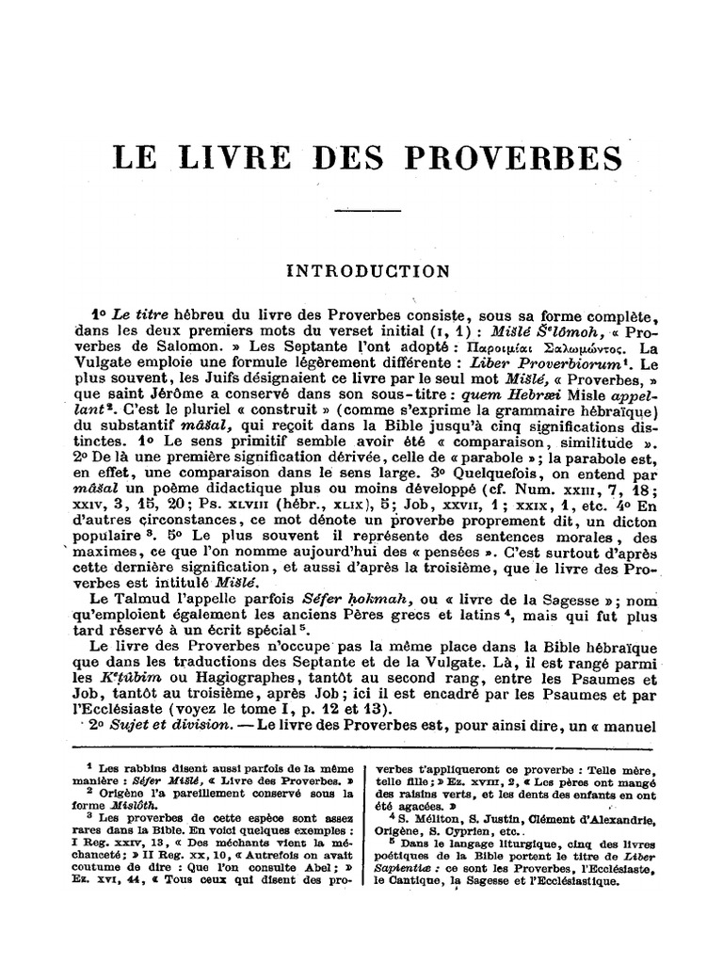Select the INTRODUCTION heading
(368, 271)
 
